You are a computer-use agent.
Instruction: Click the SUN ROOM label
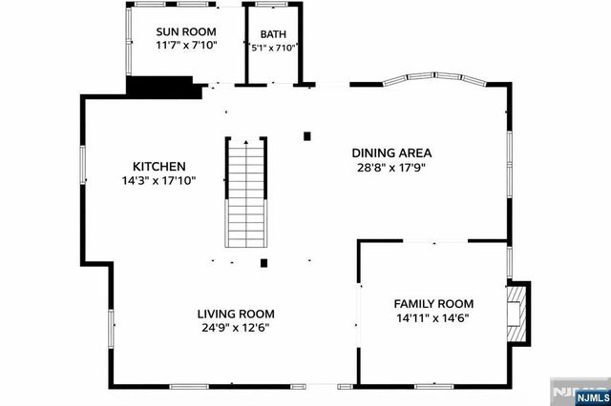187,29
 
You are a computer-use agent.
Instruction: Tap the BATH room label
272,33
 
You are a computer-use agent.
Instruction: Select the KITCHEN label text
158,166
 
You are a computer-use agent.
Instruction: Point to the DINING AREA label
391,152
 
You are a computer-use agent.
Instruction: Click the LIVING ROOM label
236,314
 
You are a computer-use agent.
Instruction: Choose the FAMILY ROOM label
433,303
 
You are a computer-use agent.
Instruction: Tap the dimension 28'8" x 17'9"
391,168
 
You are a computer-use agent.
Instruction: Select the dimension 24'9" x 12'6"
236,328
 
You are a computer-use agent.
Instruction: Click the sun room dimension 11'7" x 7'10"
187,44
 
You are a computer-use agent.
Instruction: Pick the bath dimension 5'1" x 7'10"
273,47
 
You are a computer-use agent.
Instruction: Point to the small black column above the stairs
306,136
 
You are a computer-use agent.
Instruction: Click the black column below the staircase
264,263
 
